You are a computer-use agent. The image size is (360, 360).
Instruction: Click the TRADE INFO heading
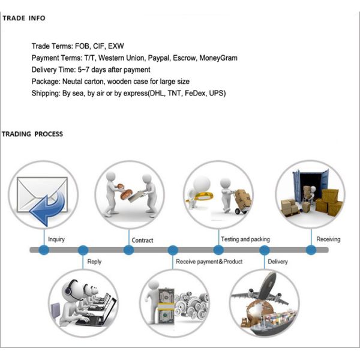pyautogui.click(x=23, y=18)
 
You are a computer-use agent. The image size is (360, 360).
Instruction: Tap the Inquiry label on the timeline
pyautogui.click(x=56, y=239)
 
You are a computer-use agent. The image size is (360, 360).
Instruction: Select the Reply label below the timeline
pyautogui.click(x=94, y=262)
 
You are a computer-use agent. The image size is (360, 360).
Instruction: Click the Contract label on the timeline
pyautogui.click(x=142, y=240)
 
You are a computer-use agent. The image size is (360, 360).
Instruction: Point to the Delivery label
pyautogui.click(x=278, y=262)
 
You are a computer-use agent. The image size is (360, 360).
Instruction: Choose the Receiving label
pyautogui.click(x=328, y=239)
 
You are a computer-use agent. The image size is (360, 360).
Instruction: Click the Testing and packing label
pyautogui.click(x=245, y=239)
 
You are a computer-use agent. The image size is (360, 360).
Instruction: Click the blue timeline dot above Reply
pyautogui.click(x=83, y=250)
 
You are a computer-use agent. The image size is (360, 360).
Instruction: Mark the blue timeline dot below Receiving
pyautogui.click(x=311, y=250)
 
